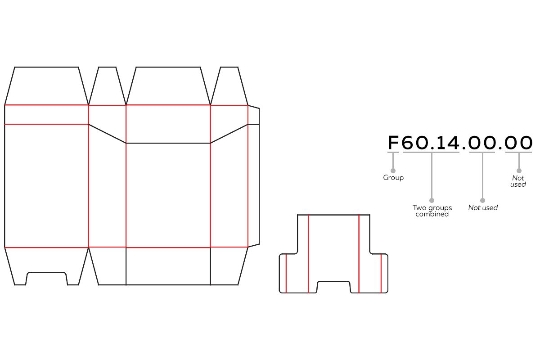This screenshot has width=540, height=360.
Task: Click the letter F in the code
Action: pyautogui.click(x=393, y=143)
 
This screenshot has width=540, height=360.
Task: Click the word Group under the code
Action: pyautogui.click(x=393, y=178)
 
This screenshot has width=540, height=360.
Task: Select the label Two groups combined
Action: pyautogui.click(x=432, y=211)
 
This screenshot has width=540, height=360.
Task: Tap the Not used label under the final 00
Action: pyautogui.click(x=518, y=181)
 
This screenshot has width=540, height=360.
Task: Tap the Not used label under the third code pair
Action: pyautogui.click(x=483, y=208)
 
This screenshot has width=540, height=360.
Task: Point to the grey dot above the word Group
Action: pyautogui.click(x=393, y=171)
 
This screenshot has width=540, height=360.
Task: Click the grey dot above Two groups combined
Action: pyautogui.click(x=432, y=200)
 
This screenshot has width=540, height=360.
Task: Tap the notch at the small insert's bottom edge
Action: pyautogui.click(x=333, y=287)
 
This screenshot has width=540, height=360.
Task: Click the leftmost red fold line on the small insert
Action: pyautogui.click(x=286, y=273)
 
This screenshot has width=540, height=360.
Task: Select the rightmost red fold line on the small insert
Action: pyautogui.click(x=381, y=273)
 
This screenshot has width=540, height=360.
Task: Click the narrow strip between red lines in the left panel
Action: pyautogui.click(x=46, y=115)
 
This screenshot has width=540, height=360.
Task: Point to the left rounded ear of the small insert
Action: pyautogui.click(x=283, y=273)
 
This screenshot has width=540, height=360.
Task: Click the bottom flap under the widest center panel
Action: pyautogui.click(x=168, y=266)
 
